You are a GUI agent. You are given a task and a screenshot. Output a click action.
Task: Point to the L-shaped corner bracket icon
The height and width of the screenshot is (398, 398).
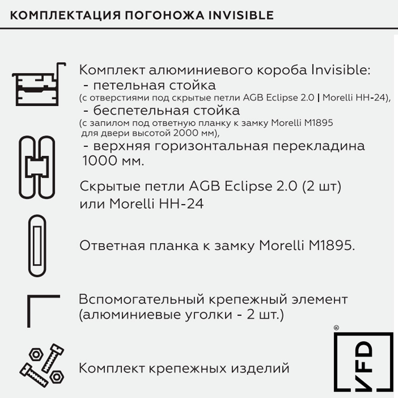click(43, 310)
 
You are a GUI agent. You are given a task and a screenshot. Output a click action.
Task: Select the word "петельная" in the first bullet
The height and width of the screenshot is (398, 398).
click(125, 85)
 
